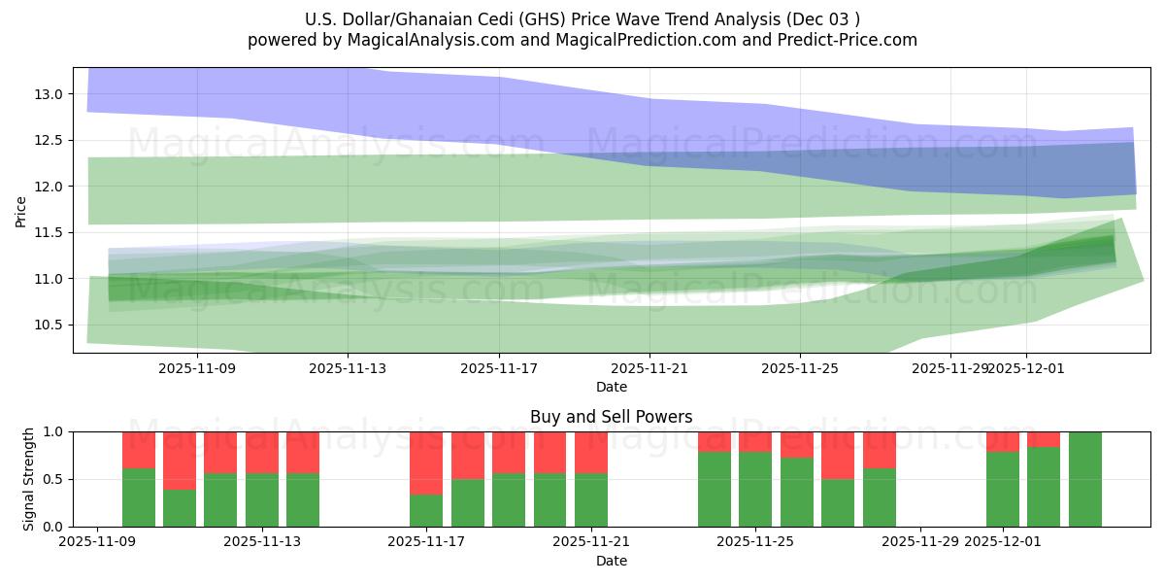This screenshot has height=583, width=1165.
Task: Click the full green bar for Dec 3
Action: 1084,479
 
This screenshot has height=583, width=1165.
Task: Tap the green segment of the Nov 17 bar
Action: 426,510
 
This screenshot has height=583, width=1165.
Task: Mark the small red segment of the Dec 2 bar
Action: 1044,439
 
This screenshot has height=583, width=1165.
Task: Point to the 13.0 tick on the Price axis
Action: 50,94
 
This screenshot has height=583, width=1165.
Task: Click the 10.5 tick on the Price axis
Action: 50,325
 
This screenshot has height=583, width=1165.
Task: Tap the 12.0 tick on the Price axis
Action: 50,187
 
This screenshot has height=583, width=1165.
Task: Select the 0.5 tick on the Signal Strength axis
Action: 54,479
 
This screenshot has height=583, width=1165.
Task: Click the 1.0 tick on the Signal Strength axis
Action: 54,431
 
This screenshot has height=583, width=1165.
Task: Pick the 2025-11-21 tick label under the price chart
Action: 649,368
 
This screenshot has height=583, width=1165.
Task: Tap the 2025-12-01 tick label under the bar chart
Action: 1003,542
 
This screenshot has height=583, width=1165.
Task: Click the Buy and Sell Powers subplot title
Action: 611,417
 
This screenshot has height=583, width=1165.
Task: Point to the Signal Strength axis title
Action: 29,479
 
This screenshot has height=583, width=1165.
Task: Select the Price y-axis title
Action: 21,210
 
